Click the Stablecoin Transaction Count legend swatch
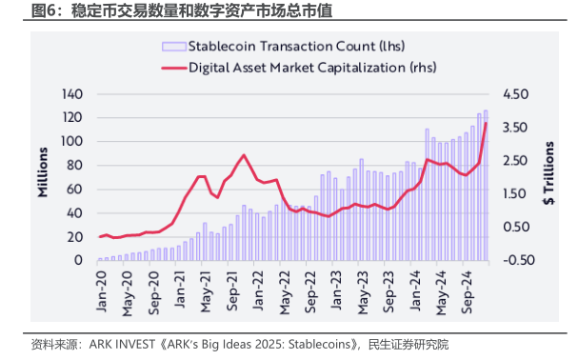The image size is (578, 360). point(173,47)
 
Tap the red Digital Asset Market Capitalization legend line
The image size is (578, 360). point(173,68)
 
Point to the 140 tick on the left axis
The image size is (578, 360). point(72,94)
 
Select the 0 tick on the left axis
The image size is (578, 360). point(78,260)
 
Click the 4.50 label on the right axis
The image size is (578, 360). point(516,94)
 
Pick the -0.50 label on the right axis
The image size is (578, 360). point(519,260)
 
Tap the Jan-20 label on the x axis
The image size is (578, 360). point(101,291)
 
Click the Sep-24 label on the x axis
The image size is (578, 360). point(467,292)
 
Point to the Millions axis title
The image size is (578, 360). point(43,172)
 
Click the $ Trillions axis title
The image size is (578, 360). point(548,173)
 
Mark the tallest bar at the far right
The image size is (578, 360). point(486,186)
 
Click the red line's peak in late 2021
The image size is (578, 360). point(244,155)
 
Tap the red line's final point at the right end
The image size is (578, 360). point(487,123)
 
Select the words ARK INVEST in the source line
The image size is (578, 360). point(123,345)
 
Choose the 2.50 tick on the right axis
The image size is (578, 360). point(515,161)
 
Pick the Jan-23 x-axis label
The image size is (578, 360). point(336,290)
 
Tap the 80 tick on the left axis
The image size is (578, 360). point(75,166)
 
